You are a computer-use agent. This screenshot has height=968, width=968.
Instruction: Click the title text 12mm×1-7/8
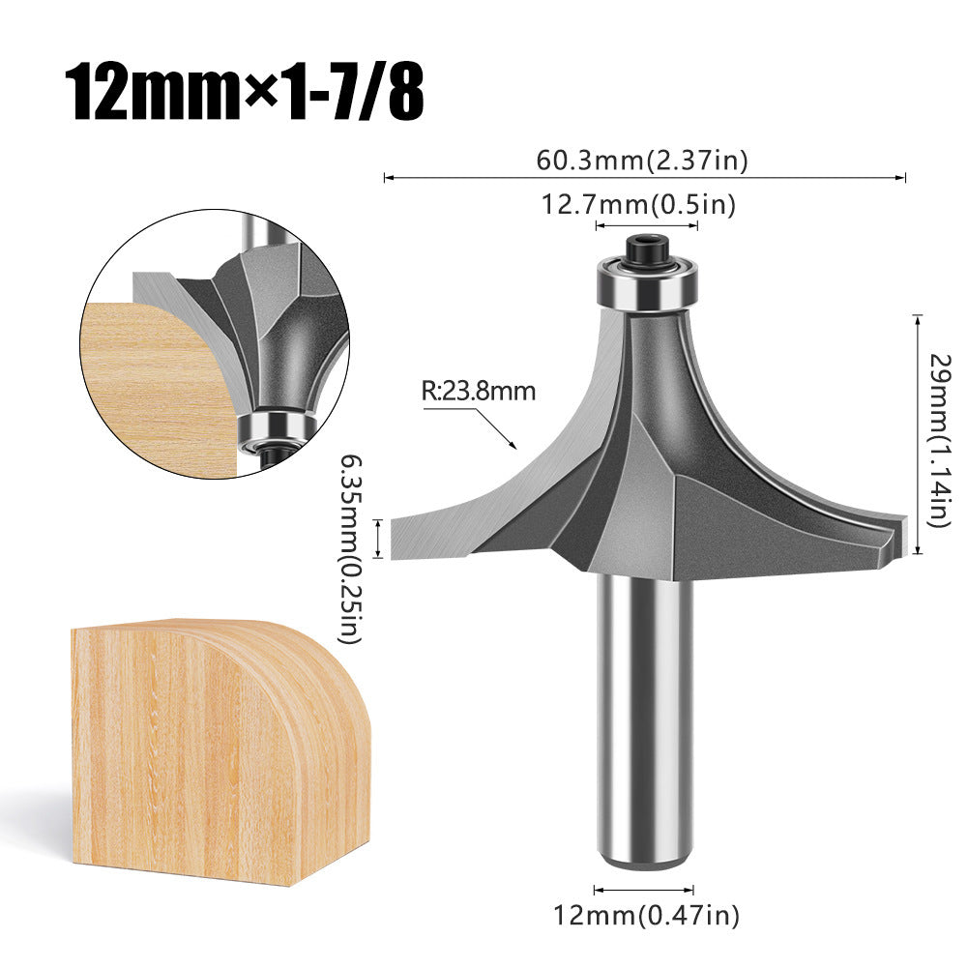click(x=246, y=93)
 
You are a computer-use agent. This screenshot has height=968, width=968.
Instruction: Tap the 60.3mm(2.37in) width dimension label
click(x=642, y=161)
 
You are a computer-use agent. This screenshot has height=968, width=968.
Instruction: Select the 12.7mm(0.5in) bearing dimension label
click(x=644, y=205)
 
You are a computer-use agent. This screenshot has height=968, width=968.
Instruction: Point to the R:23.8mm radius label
click(x=478, y=392)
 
